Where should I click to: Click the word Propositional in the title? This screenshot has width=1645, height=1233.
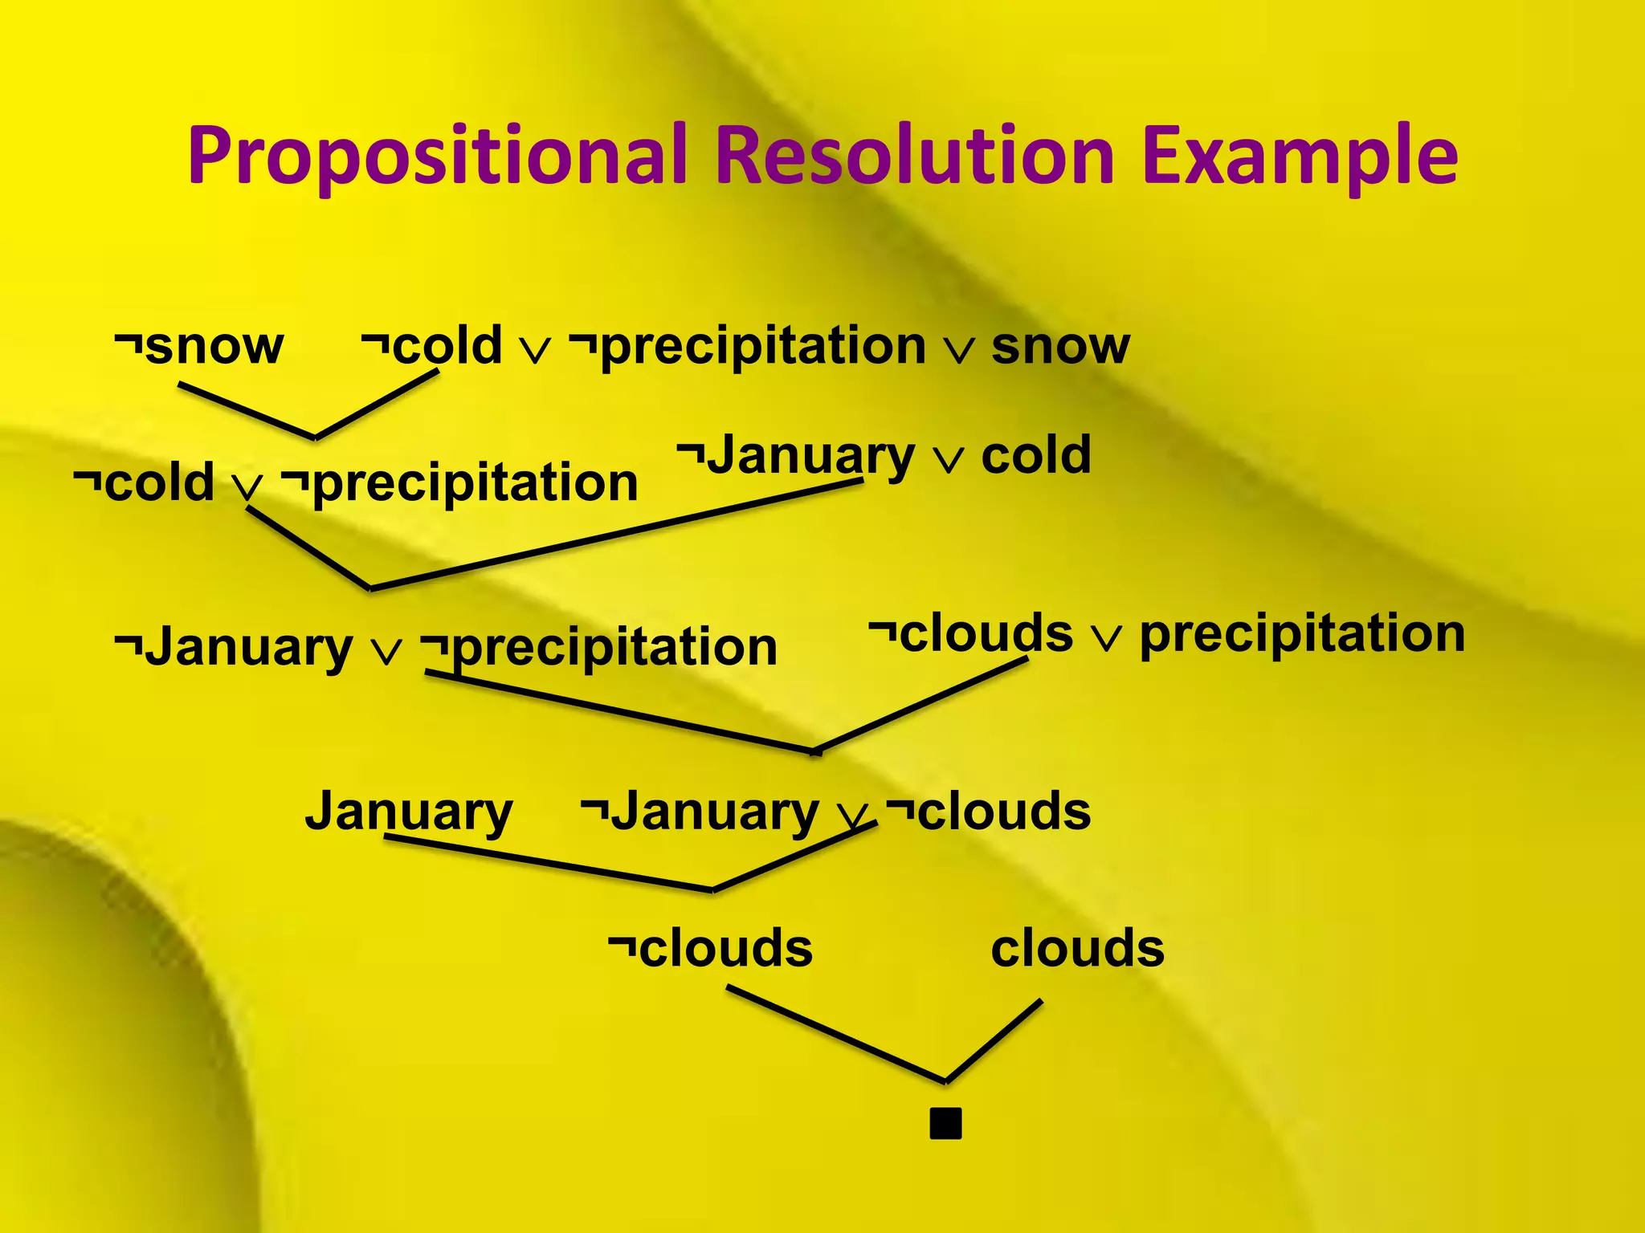tap(438, 157)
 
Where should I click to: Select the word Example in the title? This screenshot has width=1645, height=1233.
tap(1299, 157)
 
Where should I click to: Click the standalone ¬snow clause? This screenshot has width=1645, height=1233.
tap(199, 347)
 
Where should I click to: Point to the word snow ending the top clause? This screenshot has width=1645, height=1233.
tap(1060, 347)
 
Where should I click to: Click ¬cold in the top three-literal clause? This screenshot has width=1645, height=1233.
tap(432, 347)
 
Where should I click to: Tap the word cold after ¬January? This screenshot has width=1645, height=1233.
tap(1036, 455)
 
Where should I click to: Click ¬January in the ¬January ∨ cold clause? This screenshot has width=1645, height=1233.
tap(795, 456)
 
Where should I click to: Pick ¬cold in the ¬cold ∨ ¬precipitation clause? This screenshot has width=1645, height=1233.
tap(145, 483)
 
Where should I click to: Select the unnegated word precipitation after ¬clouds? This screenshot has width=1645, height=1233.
tap(1302, 634)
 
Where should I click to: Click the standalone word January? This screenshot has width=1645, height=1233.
tap(409, 812)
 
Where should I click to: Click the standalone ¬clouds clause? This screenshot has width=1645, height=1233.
tap(711, 948)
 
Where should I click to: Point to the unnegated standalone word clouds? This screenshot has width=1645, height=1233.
tap(1077, 948)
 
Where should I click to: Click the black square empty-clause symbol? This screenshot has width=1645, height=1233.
tap(945, 1124)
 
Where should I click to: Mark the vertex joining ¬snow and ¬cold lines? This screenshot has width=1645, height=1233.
tap(315, 438)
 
